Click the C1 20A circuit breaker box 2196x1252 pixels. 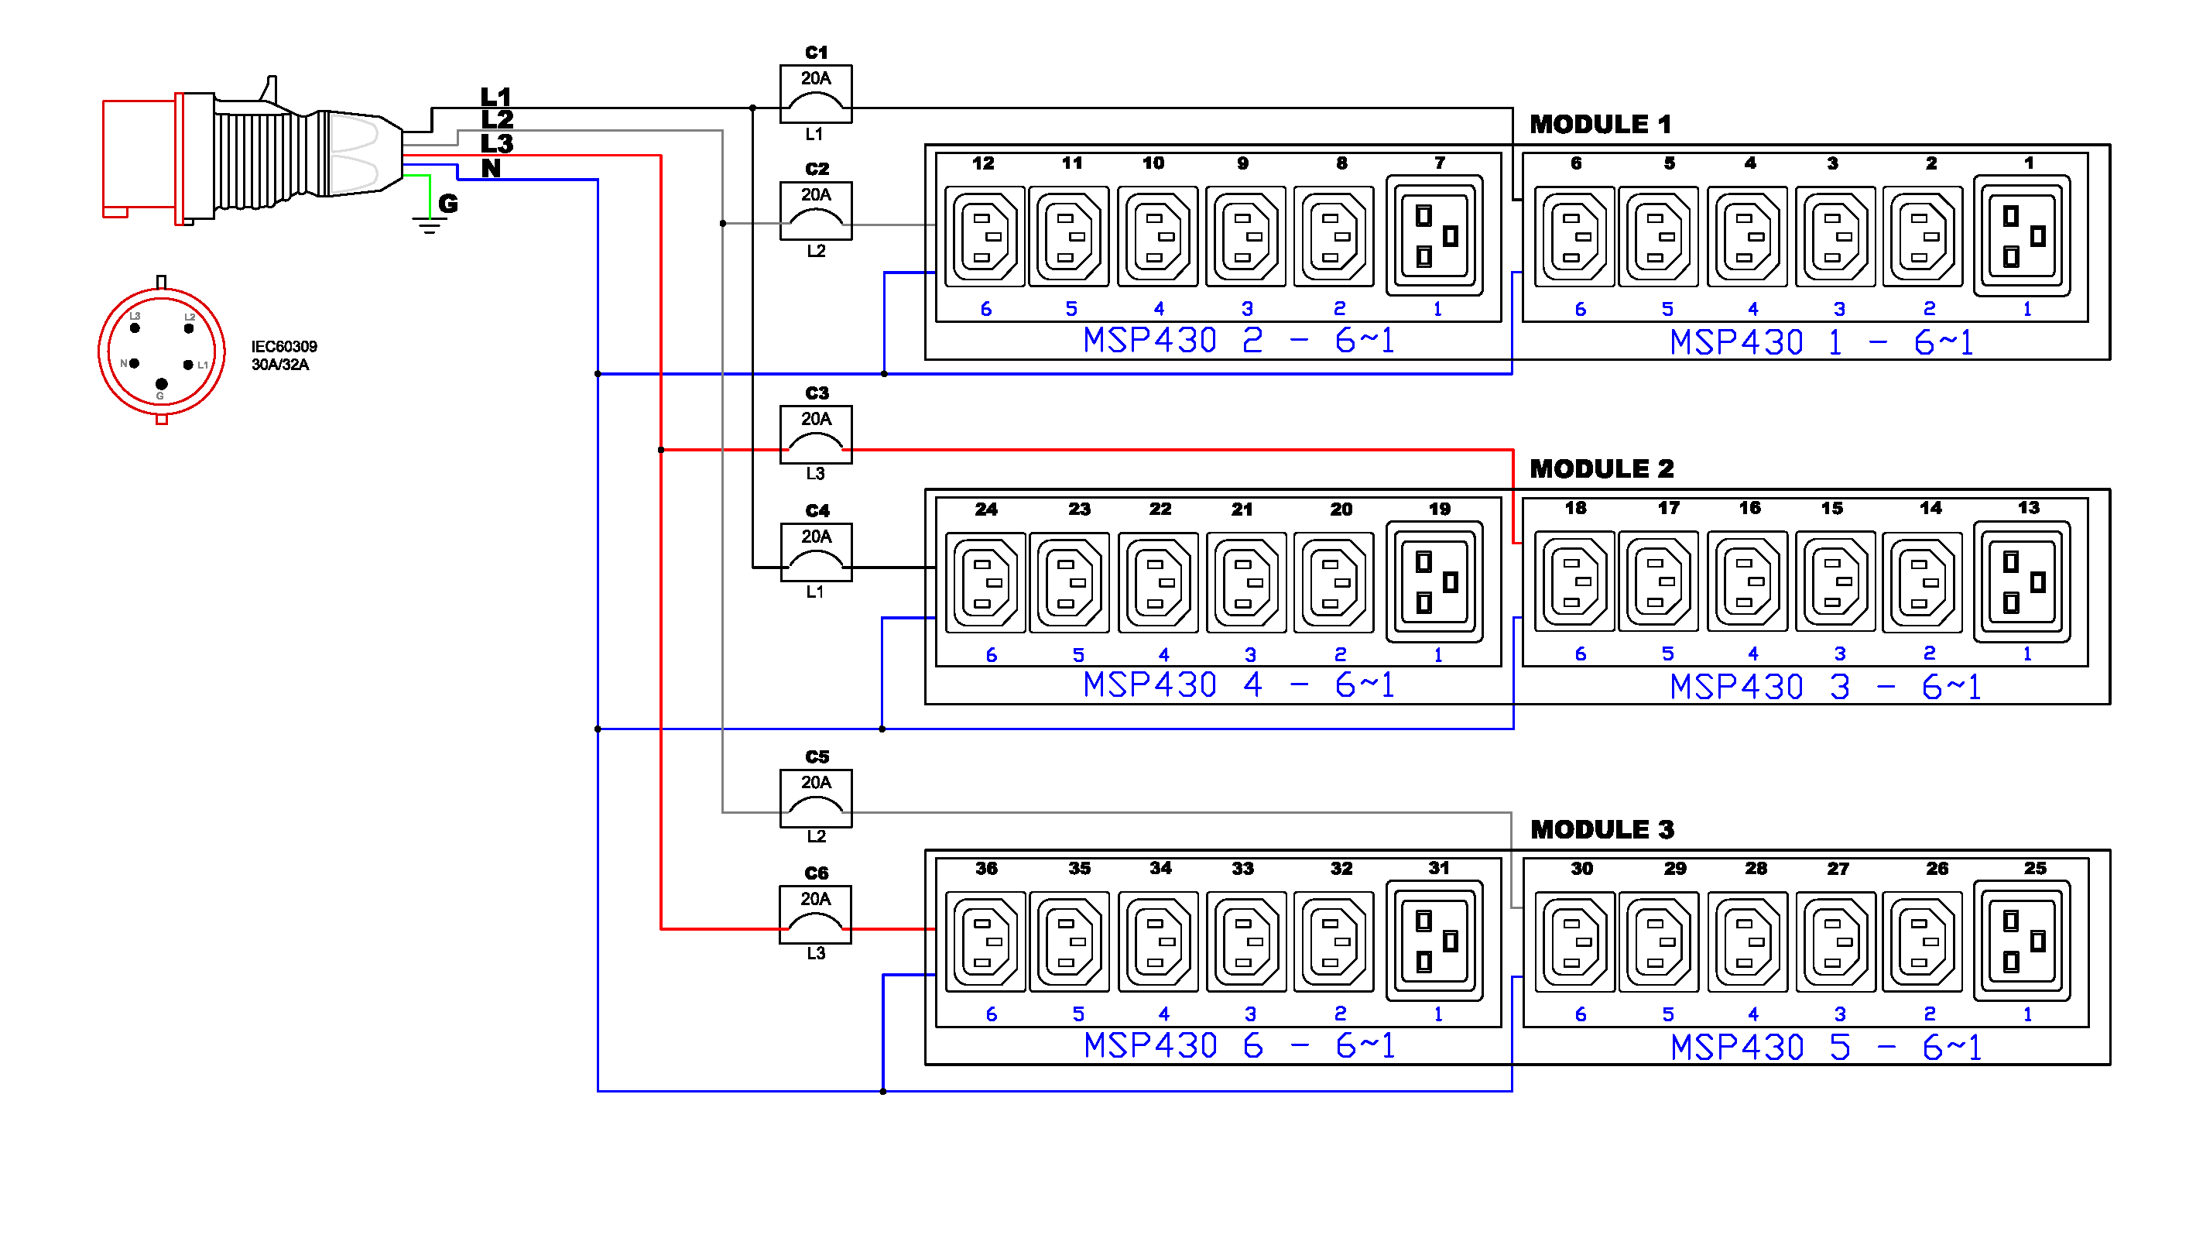click(815, 94)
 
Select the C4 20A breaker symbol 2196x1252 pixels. click(815, 552)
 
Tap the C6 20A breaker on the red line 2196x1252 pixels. click(815, 914)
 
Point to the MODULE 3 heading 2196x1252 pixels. click(1602, 829)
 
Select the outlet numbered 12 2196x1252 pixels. click(984, 236)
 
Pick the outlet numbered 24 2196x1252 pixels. click(985, 582)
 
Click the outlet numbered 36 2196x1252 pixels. click(985, 942)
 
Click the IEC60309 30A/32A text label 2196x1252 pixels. click(283, 355)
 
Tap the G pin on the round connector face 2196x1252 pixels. click(161, 383)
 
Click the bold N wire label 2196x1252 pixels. click(491, 169)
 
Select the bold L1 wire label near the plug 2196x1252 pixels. click(496, 96)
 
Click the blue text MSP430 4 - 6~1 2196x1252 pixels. click(1238, 685)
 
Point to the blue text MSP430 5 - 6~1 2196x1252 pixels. click(1824, 1048)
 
